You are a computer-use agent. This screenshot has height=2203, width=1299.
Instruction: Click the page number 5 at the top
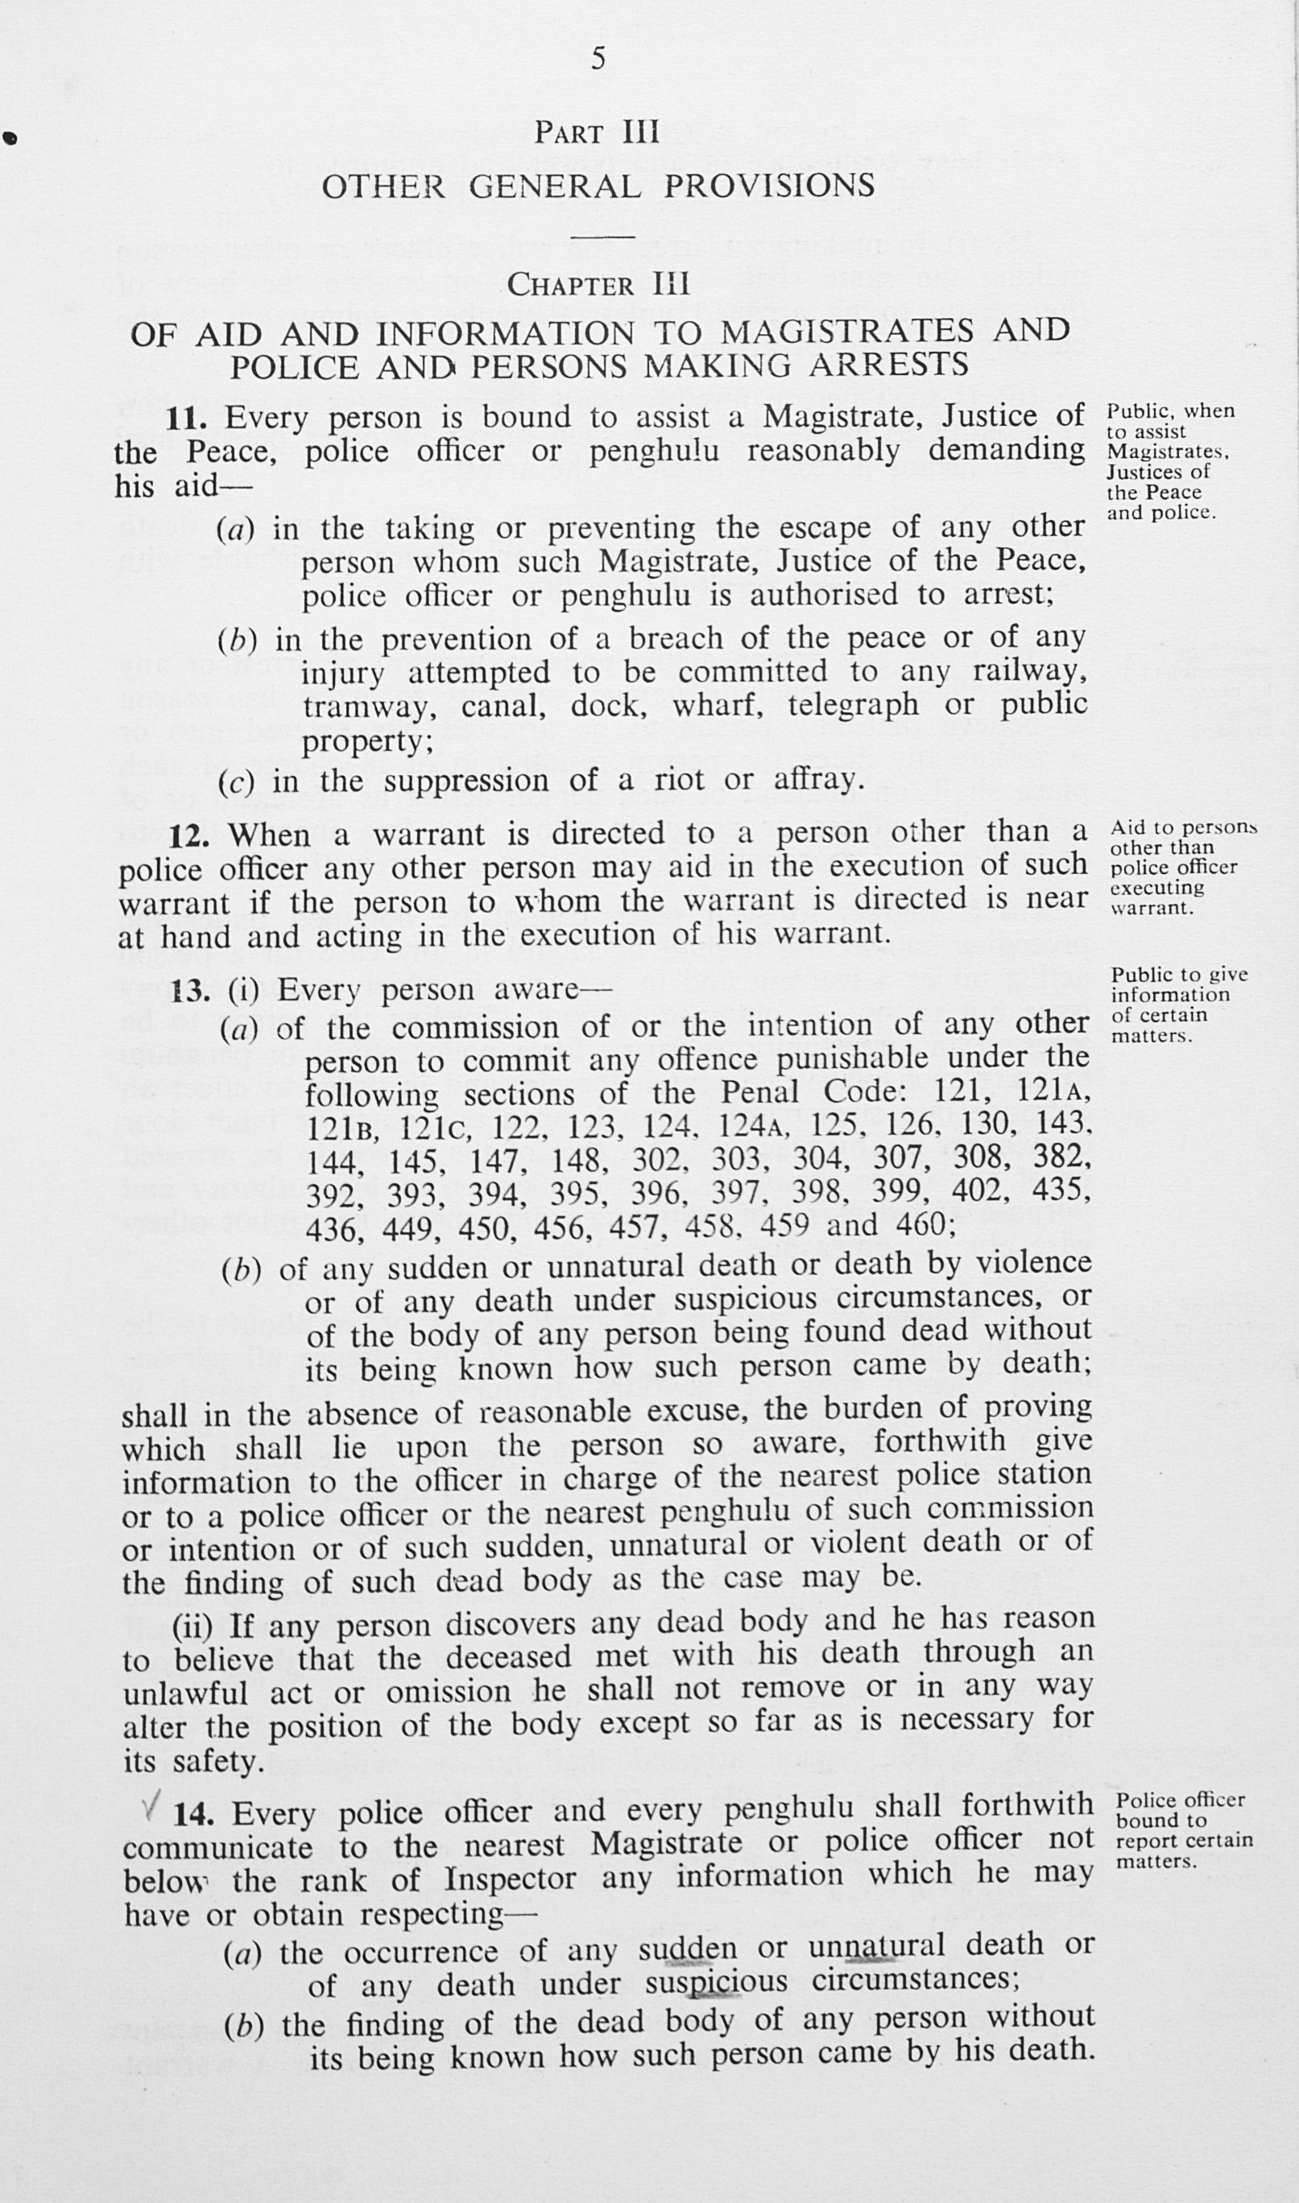[x=598, y=59]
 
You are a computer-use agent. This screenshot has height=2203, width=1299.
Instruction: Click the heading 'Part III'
[x=597, y=132]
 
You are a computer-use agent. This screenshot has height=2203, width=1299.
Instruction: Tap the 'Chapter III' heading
[x=598, y=284]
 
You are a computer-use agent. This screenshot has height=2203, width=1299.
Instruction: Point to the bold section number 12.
[x=188, y=836]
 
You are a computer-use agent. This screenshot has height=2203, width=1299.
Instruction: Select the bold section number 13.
[x=190, y=992]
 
